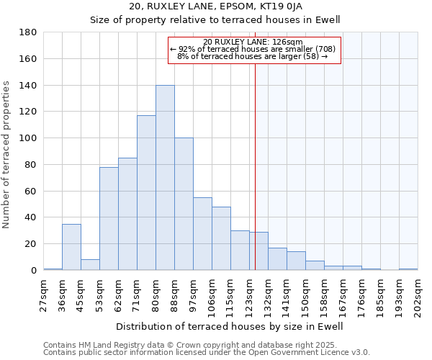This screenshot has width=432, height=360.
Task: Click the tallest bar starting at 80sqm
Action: tap(165, 178)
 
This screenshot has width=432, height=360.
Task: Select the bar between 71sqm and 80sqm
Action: tap(146, 193)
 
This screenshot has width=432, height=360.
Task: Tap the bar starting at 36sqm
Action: tap(71, 247)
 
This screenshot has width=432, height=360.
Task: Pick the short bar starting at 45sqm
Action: tap(90, 264)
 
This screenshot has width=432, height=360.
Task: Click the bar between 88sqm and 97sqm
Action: tap(184, 204)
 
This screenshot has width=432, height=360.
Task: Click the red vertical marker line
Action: tap(255, 180)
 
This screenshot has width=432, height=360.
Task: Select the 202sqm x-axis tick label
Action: tap(418, 294)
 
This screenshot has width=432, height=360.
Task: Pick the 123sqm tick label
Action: tap(249, 294)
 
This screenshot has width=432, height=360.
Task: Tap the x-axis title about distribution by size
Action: tap(229, 326)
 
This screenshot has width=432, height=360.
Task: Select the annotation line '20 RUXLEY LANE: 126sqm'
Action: tap(253, 42)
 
